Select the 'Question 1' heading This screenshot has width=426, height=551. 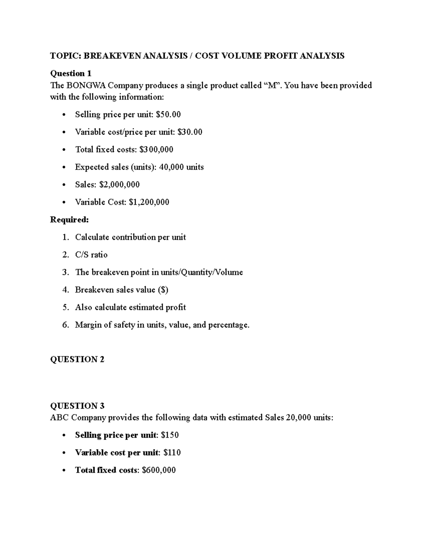tap(71, 73)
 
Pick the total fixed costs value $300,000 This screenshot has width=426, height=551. tap(156, 150)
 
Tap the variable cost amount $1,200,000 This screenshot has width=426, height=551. tap(149, 202)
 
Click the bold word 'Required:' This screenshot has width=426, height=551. tap(69, 220)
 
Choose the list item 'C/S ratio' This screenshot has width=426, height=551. tap(91, 255)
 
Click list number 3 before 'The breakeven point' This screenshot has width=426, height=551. tap(65, 272)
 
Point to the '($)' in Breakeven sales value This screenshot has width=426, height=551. tap(163, 290)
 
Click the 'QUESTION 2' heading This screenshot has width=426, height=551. tap(77, 359)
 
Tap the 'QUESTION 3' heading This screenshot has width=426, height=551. tap(77, 406)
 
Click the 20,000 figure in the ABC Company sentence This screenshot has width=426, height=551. tap(298, 418)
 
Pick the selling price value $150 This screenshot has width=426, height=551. tap(169, 435)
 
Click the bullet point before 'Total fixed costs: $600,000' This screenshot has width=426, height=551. tap(64, 470)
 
